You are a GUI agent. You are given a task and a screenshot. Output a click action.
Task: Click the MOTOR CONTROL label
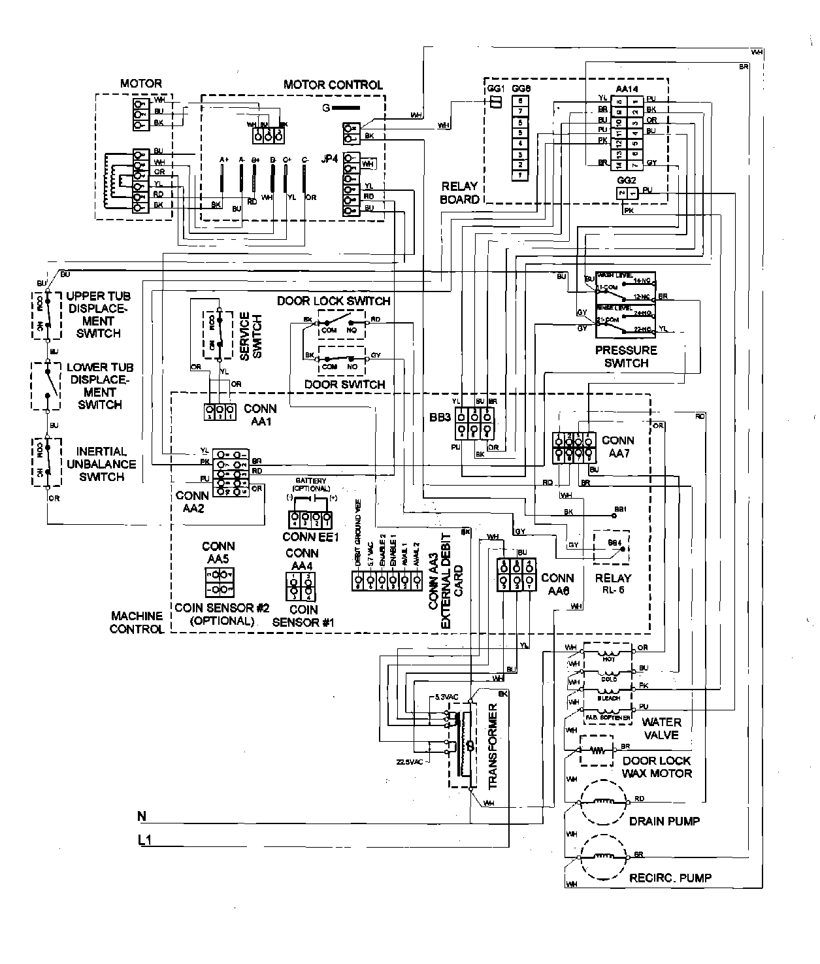(x=333, y=85)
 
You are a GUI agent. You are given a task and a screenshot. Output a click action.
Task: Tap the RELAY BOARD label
(x=459, y=193)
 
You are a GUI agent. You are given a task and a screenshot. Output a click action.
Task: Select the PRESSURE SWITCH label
(x=625, y=357)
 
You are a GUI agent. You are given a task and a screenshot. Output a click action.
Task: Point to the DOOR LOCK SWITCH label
(x=333, y=301)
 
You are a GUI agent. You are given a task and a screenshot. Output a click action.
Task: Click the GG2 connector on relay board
(x=627, y=193)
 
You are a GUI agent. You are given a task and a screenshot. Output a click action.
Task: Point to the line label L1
(x=144, y=841)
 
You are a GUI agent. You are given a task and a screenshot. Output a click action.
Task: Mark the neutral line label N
(x=142, y=816)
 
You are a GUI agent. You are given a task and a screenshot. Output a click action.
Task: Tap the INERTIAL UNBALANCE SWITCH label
(x=101, y=464)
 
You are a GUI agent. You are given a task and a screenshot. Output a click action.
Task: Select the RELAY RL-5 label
(x=612, y=584)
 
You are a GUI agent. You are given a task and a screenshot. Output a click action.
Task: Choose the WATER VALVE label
(x=661, y=728)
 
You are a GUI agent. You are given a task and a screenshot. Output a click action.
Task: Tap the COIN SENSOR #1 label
(x=303, y=616)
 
